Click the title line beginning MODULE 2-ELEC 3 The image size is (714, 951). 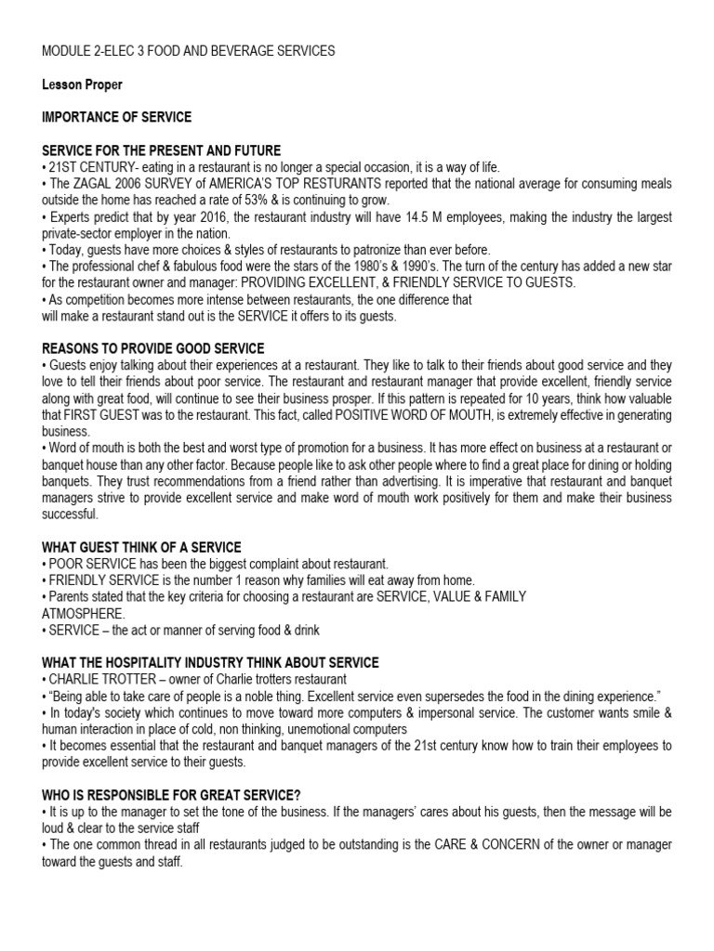point(189,51)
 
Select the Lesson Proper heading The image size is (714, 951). point(83,85)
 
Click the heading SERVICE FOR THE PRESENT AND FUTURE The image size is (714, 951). point(162,150)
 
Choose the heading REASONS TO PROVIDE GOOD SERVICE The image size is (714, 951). point(153,348)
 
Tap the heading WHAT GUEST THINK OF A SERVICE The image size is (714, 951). point(142,548)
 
